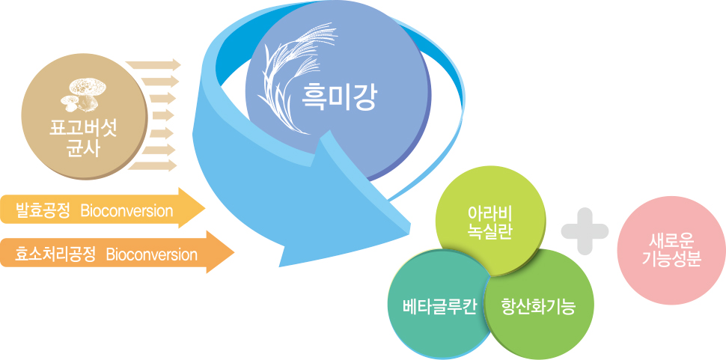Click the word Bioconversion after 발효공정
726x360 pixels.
tap(126, 211)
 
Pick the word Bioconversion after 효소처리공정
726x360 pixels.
tap(151, 254)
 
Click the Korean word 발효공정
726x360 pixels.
tap(42, 211)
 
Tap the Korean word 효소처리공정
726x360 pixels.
tap(55, 254)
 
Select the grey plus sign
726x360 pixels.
tap(585, 231)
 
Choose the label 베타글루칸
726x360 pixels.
tap(433, 308)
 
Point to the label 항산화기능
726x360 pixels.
tap(538, 308)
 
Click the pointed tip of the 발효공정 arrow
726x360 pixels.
tap(204, 208)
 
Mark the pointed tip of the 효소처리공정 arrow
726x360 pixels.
tap(234, 252)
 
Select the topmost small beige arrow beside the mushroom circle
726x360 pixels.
tap(153, 64)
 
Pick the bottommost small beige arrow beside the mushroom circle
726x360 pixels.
tap(153, 165)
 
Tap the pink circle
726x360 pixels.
tap(671, 250)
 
